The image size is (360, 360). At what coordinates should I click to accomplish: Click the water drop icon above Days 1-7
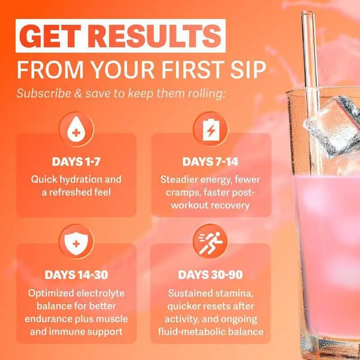[76, 129]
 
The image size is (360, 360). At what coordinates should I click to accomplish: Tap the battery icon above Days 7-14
[211, 129]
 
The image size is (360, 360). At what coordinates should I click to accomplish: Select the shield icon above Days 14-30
[76, 242]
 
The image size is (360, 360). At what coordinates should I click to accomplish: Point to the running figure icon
[211, 242]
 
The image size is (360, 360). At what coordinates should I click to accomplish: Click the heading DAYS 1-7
[76, 162]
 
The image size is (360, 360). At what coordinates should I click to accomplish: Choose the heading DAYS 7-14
[211, 162]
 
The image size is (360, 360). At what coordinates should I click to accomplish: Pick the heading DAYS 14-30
[76, 275]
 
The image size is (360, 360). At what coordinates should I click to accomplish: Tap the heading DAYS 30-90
[211, 275]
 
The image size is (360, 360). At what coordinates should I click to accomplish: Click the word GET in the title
[50, 36]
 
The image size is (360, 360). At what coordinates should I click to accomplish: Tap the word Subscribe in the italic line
[44, 94]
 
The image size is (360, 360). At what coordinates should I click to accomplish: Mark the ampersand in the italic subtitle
[78, 94]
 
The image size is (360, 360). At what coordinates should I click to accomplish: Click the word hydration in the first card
[81, 180]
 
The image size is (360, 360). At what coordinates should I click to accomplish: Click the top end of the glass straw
[308, 12]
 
